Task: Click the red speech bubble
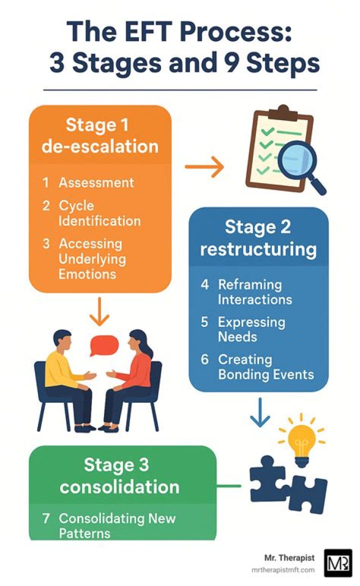[104, 345]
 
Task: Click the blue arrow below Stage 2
[260, 412]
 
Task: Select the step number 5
[204, 322]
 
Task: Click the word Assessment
[96, 183]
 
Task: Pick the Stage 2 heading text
[257, 227]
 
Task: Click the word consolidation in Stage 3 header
[119, 487]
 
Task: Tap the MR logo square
[338, 563]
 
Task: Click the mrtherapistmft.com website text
[283, 570]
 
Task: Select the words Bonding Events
[266, 374]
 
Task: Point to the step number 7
[46, 518]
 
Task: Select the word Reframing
[250, 285]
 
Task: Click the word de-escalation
[100, 146]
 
